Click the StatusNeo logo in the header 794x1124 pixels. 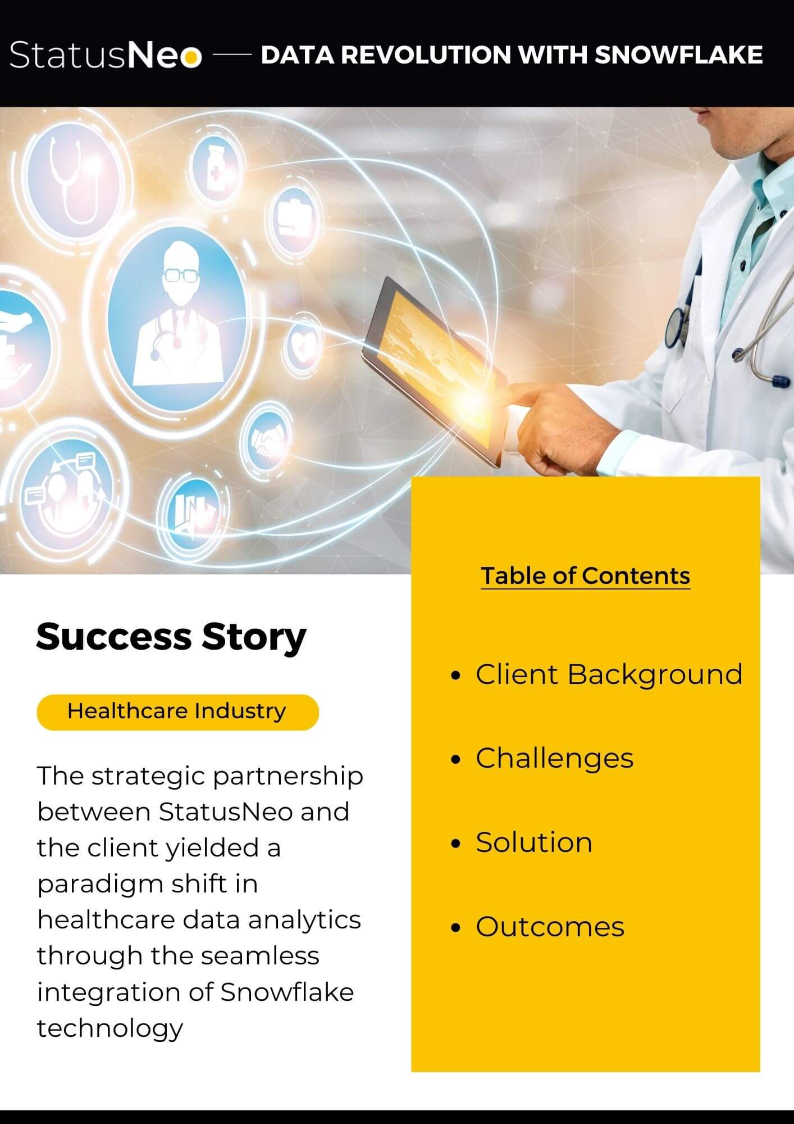105,55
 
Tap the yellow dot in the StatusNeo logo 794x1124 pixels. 192,57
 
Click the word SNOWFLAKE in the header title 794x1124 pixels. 678,55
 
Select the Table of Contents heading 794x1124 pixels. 585,576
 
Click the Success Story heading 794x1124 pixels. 171,637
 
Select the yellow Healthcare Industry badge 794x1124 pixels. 177,712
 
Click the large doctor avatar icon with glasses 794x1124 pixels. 176,318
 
